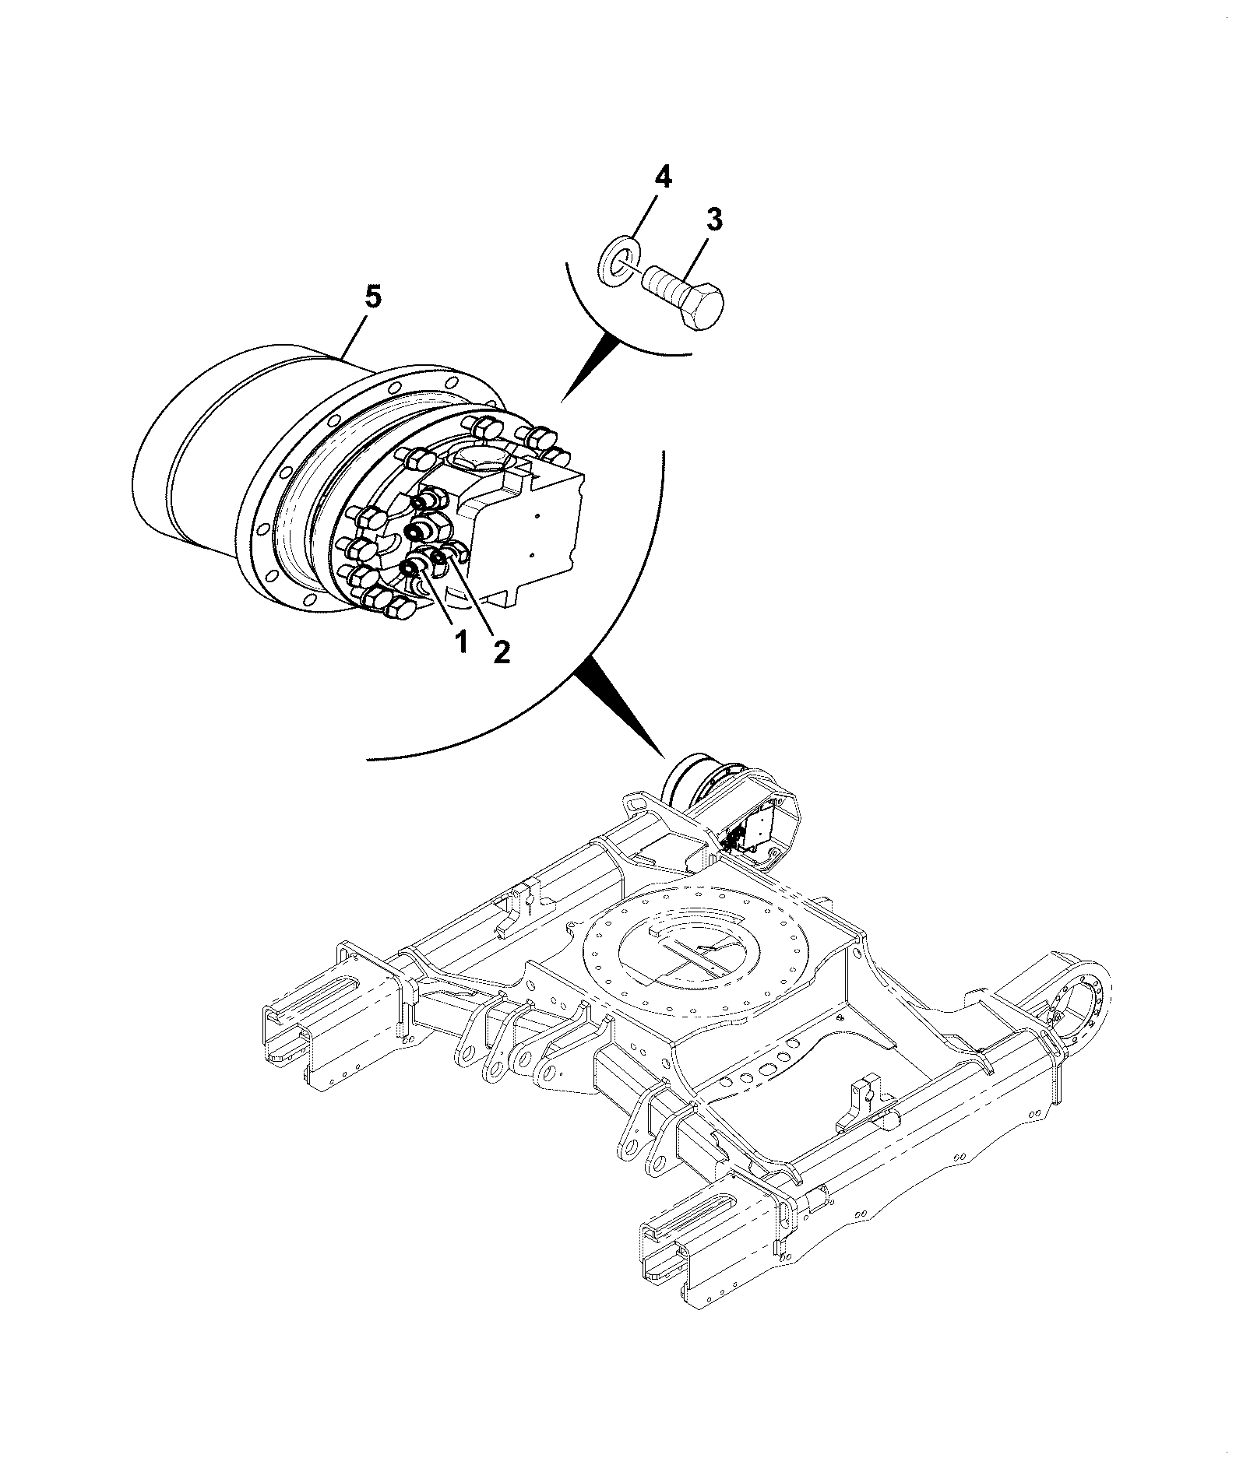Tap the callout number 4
[662, 177]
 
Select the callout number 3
[713, 220]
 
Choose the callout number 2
[500, 651]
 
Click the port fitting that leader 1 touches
[411, 570]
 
